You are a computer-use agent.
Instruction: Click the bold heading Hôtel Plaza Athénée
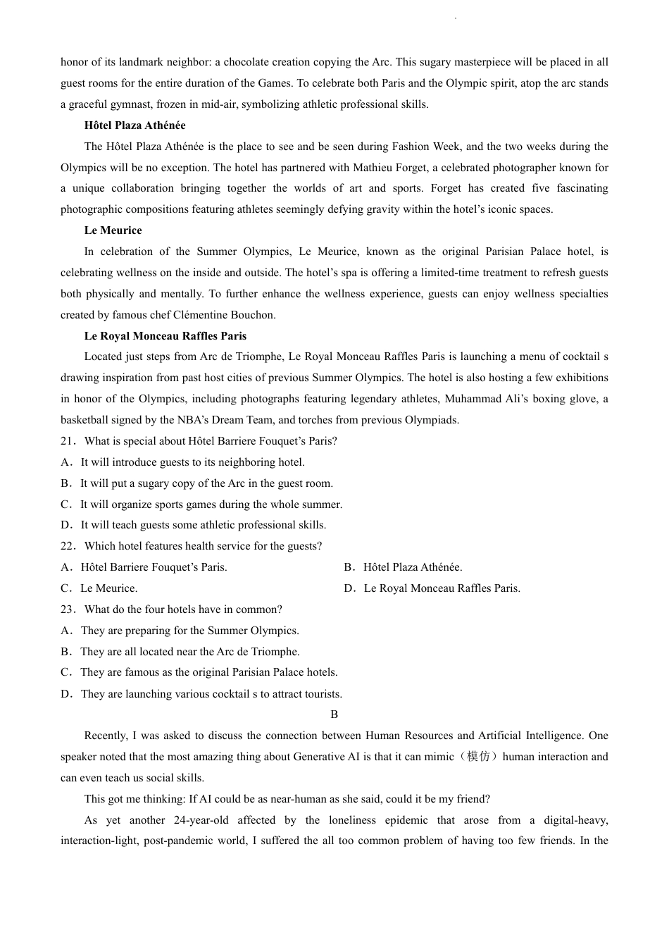(x=135, y=125)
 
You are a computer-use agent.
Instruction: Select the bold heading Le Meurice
(x=113, y=230)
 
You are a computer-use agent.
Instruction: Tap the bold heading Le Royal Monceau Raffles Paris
(x=165, y=336)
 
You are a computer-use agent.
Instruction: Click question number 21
(x=68, y=441)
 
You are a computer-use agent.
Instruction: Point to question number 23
(x=68, y=609)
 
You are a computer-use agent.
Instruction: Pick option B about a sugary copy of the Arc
(x=206, y=483)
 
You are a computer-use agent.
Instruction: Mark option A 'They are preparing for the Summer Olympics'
(x=189, y=631)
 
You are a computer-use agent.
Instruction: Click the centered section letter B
(x=334, y=714)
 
